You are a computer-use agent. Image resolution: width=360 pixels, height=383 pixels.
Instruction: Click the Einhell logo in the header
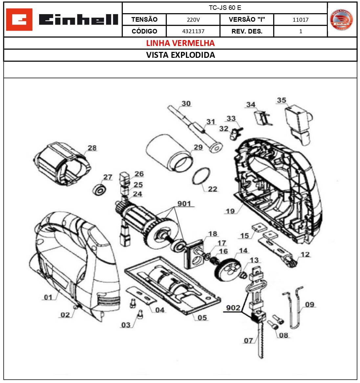[x=62, y=20]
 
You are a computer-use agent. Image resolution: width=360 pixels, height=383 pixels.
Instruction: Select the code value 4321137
[x=193, y=31]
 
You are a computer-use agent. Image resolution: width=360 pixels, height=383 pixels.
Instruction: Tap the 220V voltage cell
[x=193, y=20]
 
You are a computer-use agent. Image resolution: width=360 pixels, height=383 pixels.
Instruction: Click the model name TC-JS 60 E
[x=225, y=8]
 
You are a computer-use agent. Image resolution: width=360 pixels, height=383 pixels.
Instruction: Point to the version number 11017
[x=301, y=20]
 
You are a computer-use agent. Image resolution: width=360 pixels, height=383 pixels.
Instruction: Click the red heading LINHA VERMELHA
[x=180, y=43]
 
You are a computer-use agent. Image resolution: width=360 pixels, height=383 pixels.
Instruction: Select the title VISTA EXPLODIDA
[x=180, y=55]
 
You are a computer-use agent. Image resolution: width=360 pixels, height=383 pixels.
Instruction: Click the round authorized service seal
[x=342, y=20]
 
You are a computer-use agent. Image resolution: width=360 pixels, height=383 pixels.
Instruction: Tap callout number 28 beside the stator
[x=92, y=148]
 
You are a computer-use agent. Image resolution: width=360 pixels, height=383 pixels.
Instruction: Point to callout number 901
[x=184, y=204]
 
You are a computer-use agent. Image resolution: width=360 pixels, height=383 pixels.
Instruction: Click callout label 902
[x=233, y=308]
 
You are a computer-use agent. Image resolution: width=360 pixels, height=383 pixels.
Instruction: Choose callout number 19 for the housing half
[x=230, y=211]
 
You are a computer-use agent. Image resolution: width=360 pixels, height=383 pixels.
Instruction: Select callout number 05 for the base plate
[x=202, y=318]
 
